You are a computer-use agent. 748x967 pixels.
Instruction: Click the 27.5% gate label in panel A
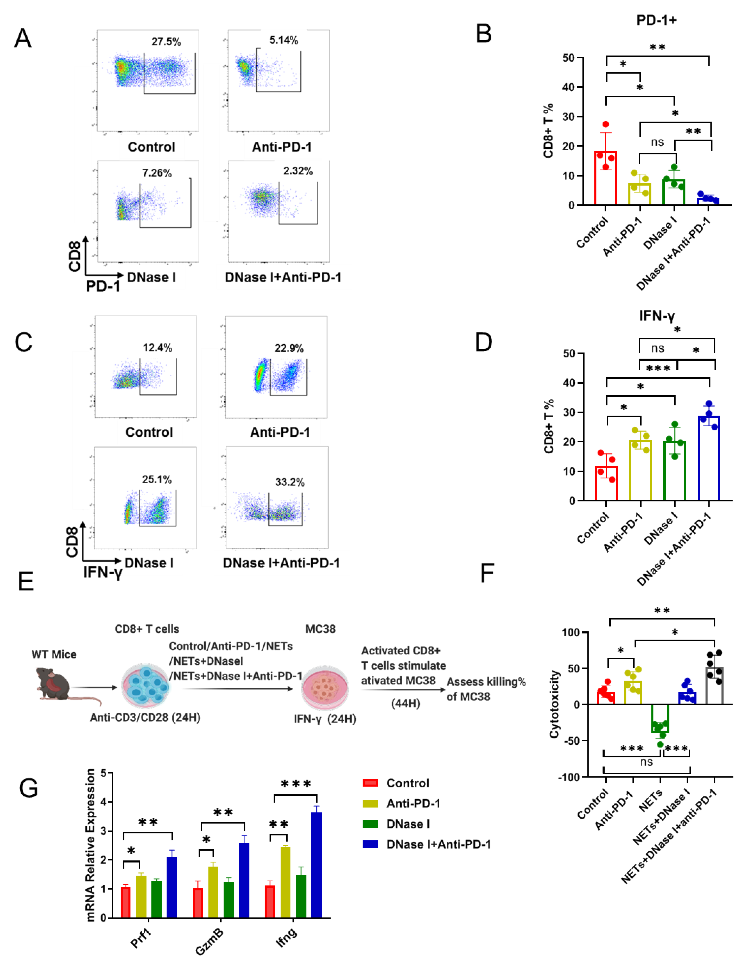tap(166, 42)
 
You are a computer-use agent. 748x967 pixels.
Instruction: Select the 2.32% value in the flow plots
tap(298, 171)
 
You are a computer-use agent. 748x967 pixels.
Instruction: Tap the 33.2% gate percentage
tap(290, 482)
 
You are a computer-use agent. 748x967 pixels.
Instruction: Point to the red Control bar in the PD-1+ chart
tap(605, 178)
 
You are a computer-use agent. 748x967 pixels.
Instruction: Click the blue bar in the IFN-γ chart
tap(709, 458)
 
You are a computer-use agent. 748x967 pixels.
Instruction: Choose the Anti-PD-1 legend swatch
tap(370, 803)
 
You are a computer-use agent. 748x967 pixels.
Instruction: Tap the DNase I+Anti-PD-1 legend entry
tap(438, 844)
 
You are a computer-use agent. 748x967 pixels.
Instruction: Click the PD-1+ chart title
tap(656, 20)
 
